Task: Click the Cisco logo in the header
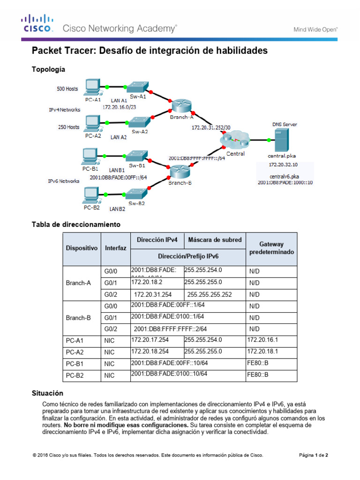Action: point(36,23)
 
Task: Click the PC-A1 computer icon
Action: point(92,87)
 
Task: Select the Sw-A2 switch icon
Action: point(139,122)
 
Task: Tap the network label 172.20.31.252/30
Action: point(211,127)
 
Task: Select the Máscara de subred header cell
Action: point(215,240)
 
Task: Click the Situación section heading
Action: point(47,393)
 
